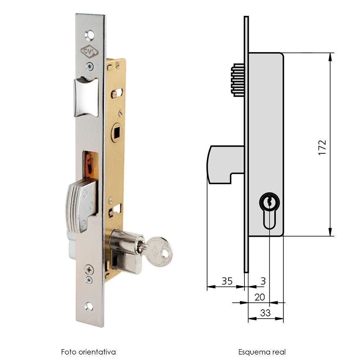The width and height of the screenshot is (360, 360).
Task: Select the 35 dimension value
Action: [x=227, y=281]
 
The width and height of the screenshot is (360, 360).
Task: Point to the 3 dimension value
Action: [x=263, y=281]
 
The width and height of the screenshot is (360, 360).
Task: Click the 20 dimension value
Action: [x=260, y=297]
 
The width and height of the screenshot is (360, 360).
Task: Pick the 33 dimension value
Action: [x=265, y=313]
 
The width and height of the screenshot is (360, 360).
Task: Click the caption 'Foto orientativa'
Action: [x=88, y=351]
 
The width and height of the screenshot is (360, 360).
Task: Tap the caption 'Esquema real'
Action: [x=262, y=351]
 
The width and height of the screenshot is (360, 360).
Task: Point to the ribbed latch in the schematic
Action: [x=238, y=80]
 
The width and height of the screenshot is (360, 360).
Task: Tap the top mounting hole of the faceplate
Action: [x=89, y=35]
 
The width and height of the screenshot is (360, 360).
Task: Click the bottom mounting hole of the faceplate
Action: [x=89, y=306]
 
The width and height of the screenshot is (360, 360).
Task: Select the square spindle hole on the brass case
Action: [x=116, y=132]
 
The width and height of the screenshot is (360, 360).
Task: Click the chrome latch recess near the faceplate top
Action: [x=86, y=97]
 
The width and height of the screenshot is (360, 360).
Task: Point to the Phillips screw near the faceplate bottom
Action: [x=89, y=269]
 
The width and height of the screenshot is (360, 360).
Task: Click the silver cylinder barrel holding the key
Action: [x=124, y=250]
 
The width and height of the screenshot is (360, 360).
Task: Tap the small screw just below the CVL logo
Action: [x=90, y=66]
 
